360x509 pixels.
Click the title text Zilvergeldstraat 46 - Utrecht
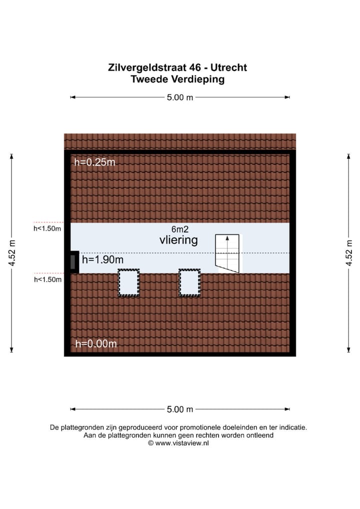click(177, 67)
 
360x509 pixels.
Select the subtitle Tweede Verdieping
click(177, 79)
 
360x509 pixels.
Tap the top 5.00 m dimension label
click(180, 97)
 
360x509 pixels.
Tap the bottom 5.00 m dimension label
click(180, 409)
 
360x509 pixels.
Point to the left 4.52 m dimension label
click(12, 253)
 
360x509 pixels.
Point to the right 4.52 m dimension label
click(349, 253)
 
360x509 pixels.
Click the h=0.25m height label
click(94, 162)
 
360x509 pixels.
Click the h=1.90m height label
click(102, 259)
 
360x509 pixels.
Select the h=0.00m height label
click(96, 343)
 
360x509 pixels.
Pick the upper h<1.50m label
click(47, 229)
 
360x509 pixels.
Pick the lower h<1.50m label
click(47, 279)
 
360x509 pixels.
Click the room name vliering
click(178, 240)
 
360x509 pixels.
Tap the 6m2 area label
click(178, 229)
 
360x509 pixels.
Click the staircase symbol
click(227, 253)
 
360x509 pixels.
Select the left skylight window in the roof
click(128, 282)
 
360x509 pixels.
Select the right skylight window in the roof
click(189, 282)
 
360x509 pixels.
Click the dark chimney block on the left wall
click(73, 261)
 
